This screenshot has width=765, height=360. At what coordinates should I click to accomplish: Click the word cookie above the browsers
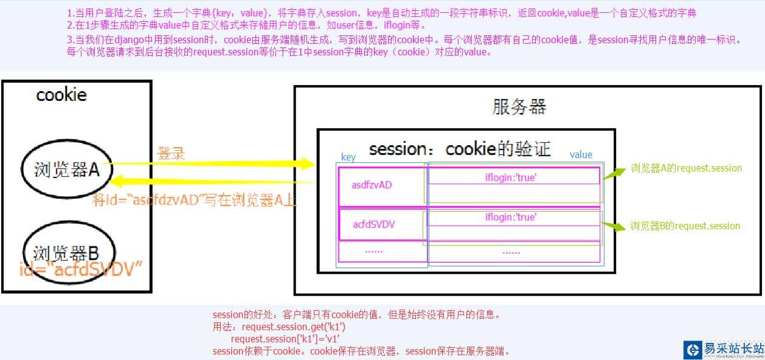pyautogui.click(x=61, y=95)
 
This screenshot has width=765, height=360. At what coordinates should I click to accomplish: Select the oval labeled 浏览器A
pyautogui.click(x=66, y=170)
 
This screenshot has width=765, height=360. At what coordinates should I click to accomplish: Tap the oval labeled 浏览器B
pyautogui.click(x=66, y=252)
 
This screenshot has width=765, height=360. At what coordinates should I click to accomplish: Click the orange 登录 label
pyautogui.click(x=171, y=153)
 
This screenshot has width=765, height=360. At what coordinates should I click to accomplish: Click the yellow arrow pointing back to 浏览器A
pyautogui.click(x=213, y=181)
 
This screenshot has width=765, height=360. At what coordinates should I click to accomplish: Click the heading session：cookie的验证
pyautogui.click(x=459, y=149)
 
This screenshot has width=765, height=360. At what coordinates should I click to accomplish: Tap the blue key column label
pyautogui.click(x=348, y=157)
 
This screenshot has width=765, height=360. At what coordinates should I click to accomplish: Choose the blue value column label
pyautogui.click(x=581, y=154)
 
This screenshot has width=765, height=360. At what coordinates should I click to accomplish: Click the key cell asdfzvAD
pyautogui.click(x=372, y=185)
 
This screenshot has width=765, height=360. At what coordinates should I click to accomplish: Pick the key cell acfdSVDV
pyautogui.click(x=374, y=224)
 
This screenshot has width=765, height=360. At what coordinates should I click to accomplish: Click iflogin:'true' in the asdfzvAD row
pyautogui.click(x=511, y=177)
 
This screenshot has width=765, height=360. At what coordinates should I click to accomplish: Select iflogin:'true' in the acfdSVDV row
pyautogui.click(x=511, y=217)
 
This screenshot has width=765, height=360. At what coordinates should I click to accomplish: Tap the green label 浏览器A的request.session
pyautogui.click(x=686, y=168)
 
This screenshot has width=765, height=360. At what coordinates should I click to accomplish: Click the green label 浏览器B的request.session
pyautogui.click(x=685, y=226)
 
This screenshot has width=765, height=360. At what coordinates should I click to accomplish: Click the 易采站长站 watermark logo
pyautogui.click(x=724, y=349)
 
